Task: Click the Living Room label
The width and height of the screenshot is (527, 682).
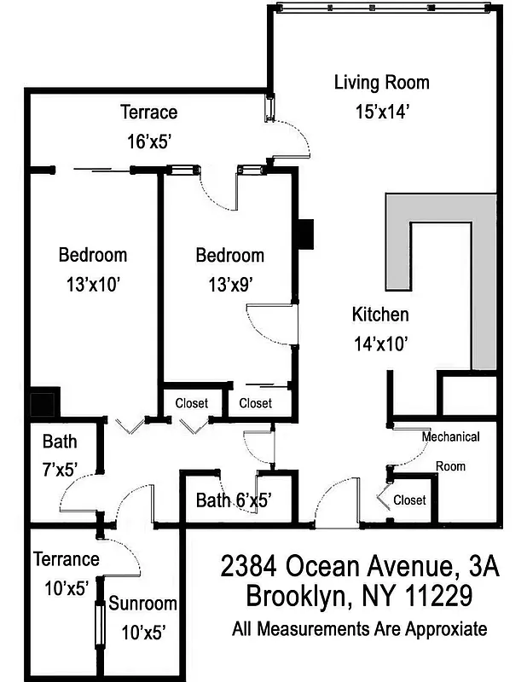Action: [381, 83]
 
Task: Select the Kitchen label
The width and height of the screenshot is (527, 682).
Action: [380, 315]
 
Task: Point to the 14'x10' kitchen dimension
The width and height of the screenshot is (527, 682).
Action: [381, 344]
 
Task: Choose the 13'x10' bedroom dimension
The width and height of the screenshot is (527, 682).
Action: [92, 284]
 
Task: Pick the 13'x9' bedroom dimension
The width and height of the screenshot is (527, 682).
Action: [229, 284]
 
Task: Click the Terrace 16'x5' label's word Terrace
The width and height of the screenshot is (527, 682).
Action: [148, 112]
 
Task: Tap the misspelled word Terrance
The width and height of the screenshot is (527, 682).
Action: [67, 559]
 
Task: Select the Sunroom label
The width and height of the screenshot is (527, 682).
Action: [142, 604]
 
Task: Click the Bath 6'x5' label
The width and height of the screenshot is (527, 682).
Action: [234, 500]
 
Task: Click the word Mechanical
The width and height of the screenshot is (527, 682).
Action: [450, 437]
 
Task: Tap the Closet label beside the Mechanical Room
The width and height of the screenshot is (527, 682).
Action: [409, 500]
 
